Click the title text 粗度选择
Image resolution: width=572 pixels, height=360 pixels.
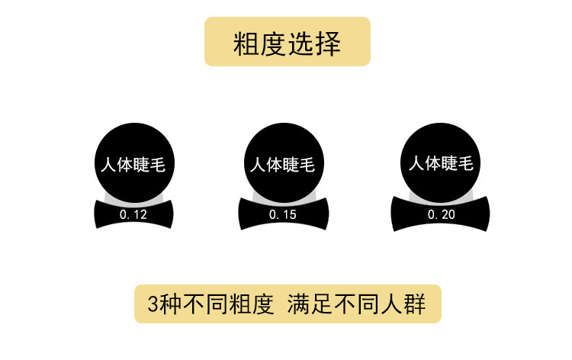[x=287, y=43]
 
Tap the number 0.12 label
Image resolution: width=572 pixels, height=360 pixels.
[x=133, y=215]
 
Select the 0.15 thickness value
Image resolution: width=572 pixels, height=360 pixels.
[x=282, y=215]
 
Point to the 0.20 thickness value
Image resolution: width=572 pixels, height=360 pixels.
[x=441, y=215]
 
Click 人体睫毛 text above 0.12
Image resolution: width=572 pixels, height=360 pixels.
[x=133, y=165]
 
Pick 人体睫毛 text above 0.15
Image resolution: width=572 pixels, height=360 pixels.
[x=282, y=165]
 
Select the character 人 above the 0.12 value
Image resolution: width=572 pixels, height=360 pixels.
[x=108, y=165]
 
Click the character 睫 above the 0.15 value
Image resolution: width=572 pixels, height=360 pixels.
[x=291, y=165]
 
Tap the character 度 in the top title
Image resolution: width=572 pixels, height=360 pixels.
[x=273, y=43]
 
